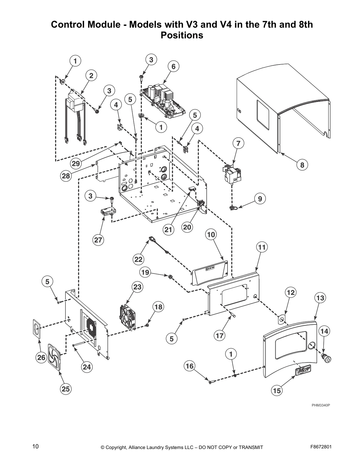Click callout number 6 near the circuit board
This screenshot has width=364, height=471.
pos(174,66)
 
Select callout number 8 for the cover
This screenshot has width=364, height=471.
pos(302,165)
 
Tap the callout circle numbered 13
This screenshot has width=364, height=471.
pos(320,298)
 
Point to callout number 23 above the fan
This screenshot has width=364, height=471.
pos(137,287)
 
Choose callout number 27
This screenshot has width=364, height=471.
pos(98,240)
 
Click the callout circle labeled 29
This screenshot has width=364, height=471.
pos(76,163)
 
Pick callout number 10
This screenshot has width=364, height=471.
pos(211,235)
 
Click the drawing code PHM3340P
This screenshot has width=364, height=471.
pos(321,405)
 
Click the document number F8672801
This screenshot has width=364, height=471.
pos(321,447)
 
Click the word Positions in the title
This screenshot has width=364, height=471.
pos(182,35)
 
